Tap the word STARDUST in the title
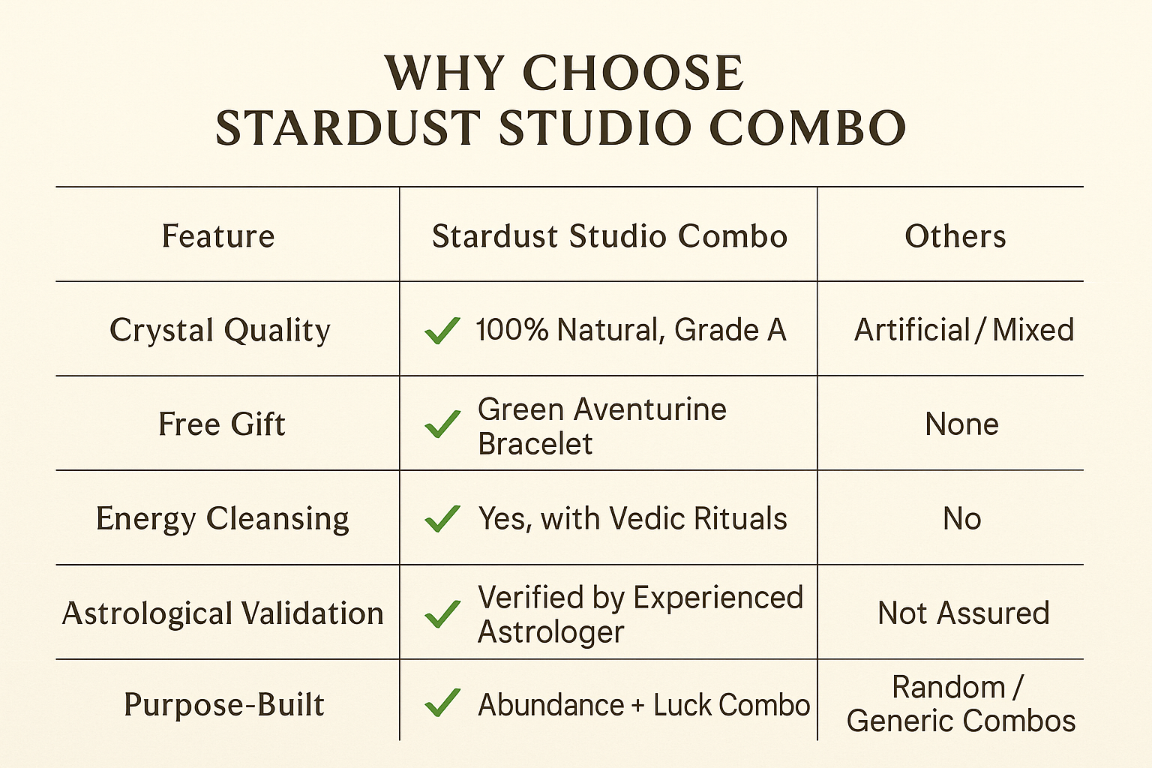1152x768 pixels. tap(348, 127)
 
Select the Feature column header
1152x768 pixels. tap(218, 236)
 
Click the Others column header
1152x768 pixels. tap(955, 236)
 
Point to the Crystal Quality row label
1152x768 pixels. tap(220, 330)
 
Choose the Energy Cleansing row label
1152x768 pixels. tap(222, 518)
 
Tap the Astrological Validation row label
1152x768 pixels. tap(223, 613)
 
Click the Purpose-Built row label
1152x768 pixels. tap(224, 704)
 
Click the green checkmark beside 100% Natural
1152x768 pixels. tap(442, 331)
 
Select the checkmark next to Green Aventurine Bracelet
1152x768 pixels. tap(442, 424)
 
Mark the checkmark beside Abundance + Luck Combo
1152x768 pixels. tap(442, 703)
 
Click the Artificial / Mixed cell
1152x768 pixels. tap(964, 330)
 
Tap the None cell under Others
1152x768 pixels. tap(961, 424)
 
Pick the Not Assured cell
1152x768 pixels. tap(963, 613)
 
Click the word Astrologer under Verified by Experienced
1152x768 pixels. tap(550, 631)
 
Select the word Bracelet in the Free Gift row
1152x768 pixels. tap(535, 443)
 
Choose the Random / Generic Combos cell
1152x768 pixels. tap(961, 703)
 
